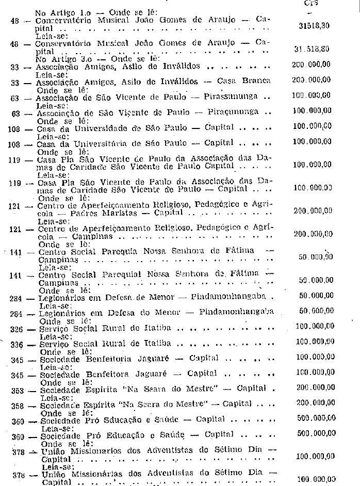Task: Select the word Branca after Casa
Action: [x=255, y=81]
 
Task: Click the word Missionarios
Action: [x=91, y=450]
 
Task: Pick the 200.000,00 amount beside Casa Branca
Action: [x=310, y=81]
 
